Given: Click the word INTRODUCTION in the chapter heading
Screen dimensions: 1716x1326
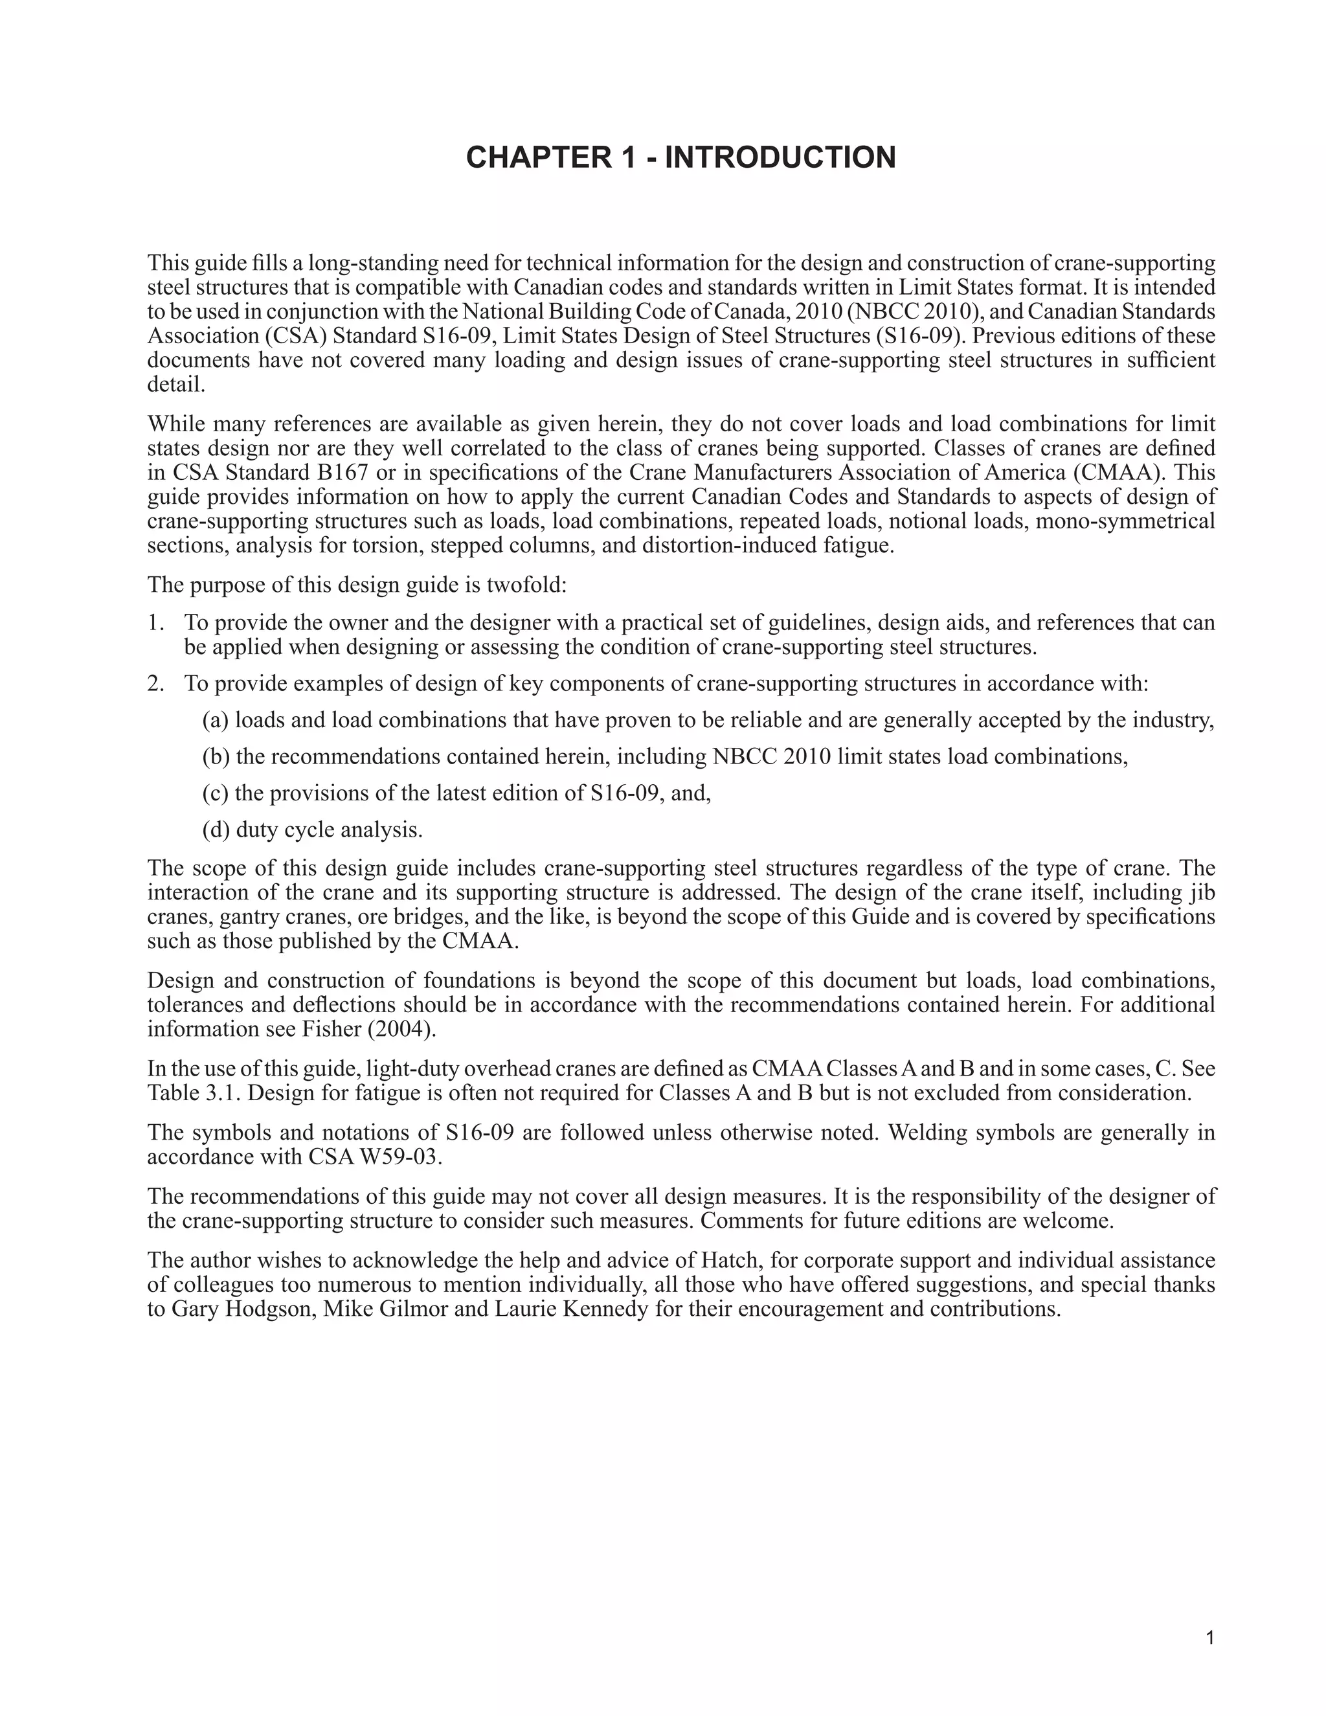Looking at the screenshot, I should (x=780, y=157).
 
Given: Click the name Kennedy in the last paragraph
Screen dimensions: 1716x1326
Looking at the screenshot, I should (x=604, y=1309).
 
